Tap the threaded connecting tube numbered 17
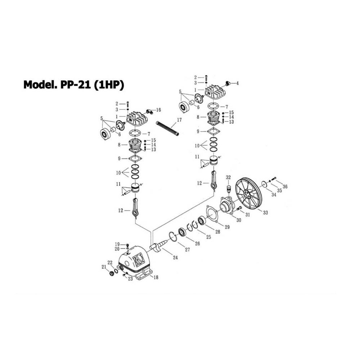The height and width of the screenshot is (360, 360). pos(167,129)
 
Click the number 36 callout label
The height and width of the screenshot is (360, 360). pos(285,186)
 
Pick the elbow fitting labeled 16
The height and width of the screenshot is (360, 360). pos(149,112)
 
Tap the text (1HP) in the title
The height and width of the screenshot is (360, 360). pos(109,85)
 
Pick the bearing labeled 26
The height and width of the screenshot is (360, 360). pos(183,232)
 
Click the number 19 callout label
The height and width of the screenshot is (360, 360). pos(117,244)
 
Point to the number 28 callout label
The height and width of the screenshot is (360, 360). pos(217,232)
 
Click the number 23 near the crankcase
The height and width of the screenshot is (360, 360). pos(130,279)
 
